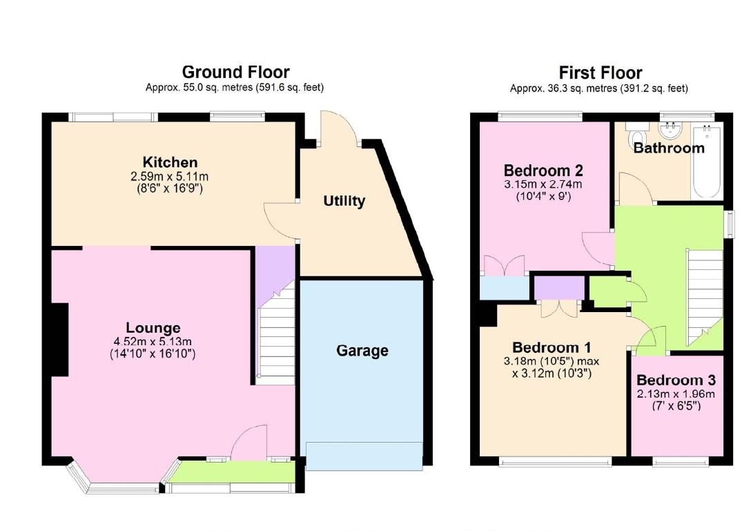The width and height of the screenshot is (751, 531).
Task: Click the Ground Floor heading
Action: click(235, 72)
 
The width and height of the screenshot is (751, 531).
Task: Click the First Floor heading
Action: click(600, 73)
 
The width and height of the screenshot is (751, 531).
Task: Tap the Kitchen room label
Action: click(170, 163)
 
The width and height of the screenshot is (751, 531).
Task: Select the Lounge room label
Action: click(153, 328)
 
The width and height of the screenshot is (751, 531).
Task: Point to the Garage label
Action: click(362, 351)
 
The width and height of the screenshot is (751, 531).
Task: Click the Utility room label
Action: click(344, 201)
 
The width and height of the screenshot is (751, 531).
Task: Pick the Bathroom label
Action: click(669, 148)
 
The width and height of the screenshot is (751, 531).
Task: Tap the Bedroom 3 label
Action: click(676, 380)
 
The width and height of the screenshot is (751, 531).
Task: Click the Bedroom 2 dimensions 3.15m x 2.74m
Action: click(543, 184)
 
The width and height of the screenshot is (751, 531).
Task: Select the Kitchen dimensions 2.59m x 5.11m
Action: click(170, 176)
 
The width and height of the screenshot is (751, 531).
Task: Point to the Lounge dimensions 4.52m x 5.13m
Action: click(153, 341)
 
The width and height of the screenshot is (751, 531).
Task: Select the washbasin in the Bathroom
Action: click(670, 130)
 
